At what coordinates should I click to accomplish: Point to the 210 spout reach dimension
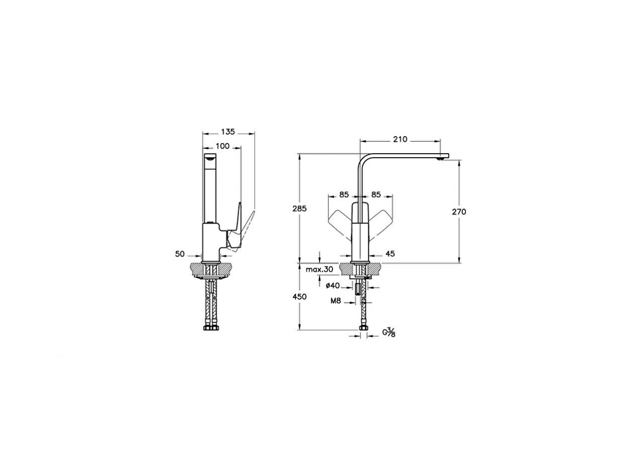point(400,139)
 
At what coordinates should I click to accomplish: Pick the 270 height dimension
point(459,211)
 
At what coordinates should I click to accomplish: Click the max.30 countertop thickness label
point(319,270)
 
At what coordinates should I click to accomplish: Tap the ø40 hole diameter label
point(333,286)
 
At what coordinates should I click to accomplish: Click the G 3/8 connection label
point(389,332)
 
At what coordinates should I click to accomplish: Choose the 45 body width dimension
point(390,254)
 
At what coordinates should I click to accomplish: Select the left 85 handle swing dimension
point(344,194)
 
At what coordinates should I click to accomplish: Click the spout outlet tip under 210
point(441,158)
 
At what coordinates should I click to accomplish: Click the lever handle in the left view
point(241,226)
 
